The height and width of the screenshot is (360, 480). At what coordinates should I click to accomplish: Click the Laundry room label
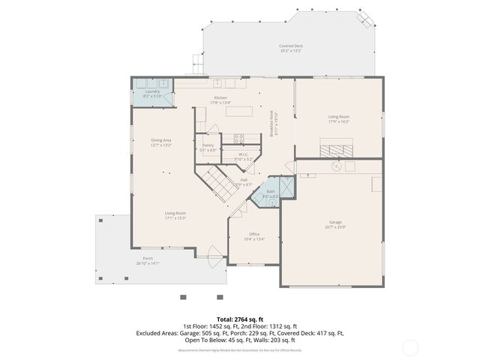tap(152, 91)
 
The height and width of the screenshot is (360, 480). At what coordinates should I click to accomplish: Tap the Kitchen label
tap(220, 98)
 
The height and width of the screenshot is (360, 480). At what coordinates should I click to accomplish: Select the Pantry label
tap(207, 145)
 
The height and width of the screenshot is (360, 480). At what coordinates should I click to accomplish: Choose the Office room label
tap(254, 234)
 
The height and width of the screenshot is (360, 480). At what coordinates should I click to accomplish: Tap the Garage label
tap(334, 223)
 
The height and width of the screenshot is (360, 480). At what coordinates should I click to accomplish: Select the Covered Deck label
tap(290, 46)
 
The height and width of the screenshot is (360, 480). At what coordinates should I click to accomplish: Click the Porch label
tap(148, 259)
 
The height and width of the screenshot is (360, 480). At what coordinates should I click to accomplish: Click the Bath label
tap(270, 191)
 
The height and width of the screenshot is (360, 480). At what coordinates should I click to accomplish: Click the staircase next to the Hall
tap(217, 181)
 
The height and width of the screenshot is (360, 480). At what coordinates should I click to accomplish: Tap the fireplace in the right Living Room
tap(334, 149)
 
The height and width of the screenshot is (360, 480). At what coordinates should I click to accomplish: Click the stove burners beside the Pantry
tap(238, 138)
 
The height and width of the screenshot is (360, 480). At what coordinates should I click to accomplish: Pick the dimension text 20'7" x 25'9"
tap(334, 227)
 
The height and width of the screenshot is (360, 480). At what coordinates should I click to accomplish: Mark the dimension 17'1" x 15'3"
tap(175, 218)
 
